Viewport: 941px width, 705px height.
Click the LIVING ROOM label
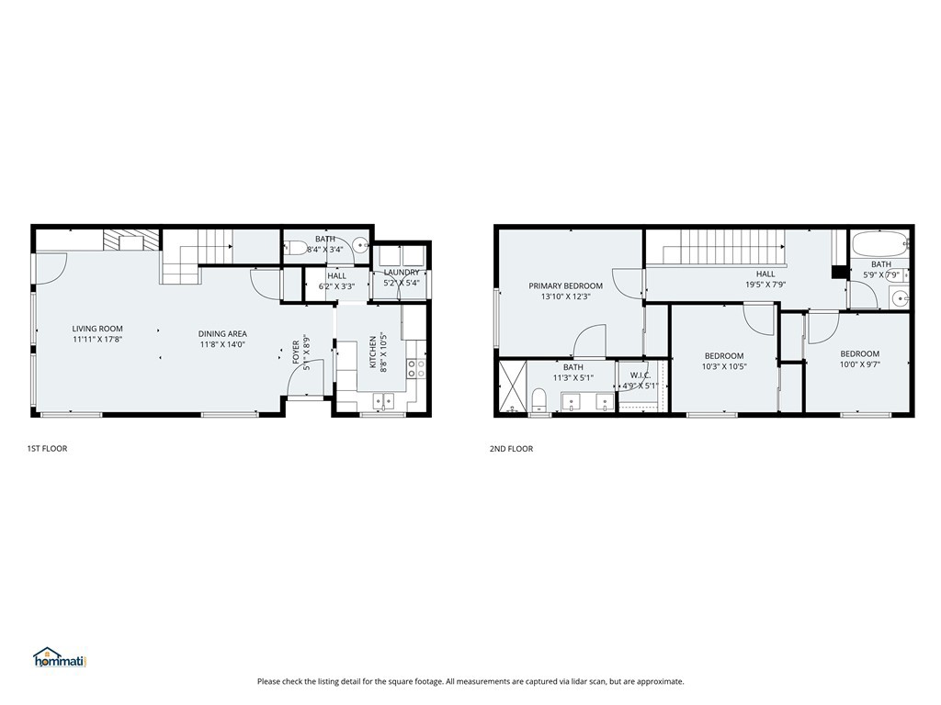[97, 329]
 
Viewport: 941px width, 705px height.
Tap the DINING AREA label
[222, 334]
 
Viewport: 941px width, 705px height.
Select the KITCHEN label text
[373, 352]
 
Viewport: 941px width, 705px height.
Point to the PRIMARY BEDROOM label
[565, 286]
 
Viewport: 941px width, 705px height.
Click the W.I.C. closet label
[641, 375]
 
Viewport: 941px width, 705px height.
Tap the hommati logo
[61, 657]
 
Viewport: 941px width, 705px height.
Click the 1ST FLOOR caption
[47, 448]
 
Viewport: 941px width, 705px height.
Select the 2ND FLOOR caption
[511, 448]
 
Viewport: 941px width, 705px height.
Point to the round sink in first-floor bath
[360, 244]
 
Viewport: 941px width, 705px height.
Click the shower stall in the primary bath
[513, 386]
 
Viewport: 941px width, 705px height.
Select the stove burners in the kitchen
[416, 368]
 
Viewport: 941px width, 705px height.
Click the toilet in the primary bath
[539, 399]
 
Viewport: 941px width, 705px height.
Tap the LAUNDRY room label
[402, 272]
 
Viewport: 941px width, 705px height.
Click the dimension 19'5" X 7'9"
[765, 285]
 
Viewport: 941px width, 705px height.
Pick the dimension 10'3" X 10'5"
[724, 366]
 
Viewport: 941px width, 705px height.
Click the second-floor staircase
[724, 247]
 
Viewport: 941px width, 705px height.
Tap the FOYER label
[296, 352]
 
